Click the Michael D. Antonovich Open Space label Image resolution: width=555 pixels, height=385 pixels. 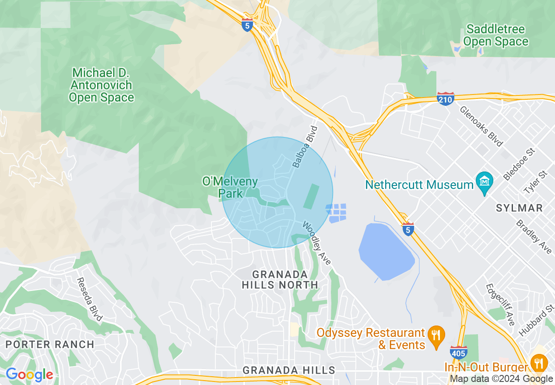(102, 85)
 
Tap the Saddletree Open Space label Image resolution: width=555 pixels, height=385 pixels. (495, 35)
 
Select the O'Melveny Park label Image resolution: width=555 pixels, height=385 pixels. (230, 187)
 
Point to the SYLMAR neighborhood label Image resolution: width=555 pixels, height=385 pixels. (519, 208)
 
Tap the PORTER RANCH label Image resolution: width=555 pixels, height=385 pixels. (50, 344)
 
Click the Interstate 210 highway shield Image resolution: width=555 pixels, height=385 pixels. (445, 99)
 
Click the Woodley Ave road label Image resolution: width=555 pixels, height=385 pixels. (317, 243)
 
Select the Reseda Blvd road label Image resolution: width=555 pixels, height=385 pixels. (89, 299)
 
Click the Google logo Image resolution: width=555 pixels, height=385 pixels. (29, 374)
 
